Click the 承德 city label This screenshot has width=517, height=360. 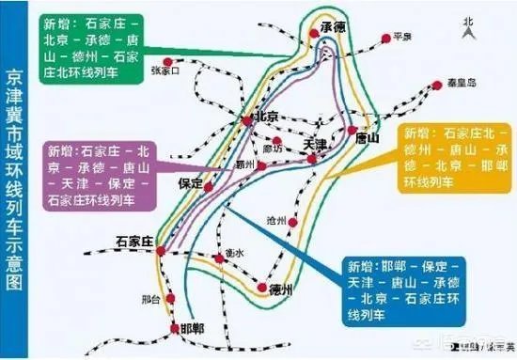pos(332,27)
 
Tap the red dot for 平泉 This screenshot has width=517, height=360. pos(384,38)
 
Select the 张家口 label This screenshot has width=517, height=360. pos(165,70)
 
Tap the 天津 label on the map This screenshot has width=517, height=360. pos(318,146)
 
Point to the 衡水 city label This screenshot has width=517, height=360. pos(235,254)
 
